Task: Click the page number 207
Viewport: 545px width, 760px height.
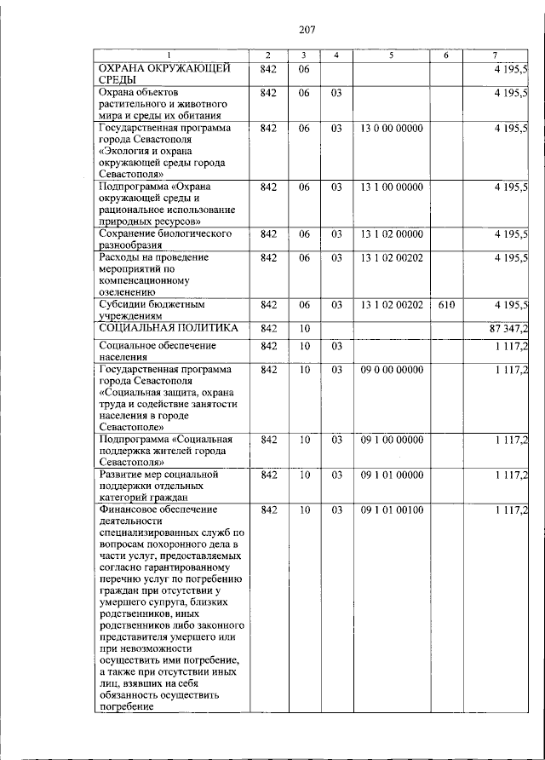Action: [307, 31]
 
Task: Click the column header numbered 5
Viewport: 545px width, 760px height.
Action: [391, 56]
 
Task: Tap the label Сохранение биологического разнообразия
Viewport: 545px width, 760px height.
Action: [154, 239]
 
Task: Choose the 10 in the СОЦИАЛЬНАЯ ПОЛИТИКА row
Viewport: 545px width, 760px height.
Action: [304, 328]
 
